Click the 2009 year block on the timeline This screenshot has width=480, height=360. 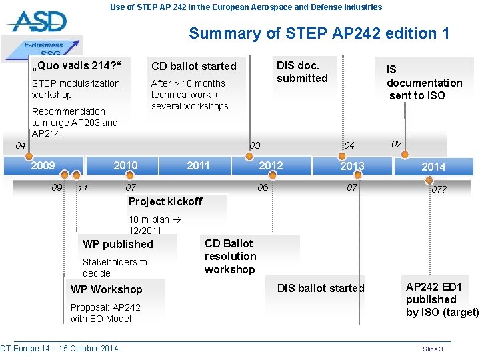44,165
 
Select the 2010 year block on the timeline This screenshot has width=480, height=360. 125,165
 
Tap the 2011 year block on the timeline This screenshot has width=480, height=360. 198,165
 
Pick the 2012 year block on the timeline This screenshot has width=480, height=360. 271,165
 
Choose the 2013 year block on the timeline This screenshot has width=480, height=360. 352,166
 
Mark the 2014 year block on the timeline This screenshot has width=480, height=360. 433,166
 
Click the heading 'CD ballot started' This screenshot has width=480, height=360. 194,66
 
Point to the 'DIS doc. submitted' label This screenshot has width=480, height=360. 302,71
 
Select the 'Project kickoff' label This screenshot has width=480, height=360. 165,201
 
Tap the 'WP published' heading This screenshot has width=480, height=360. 118,244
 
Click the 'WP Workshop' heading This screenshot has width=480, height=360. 107,289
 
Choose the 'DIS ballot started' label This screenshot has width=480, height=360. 321,288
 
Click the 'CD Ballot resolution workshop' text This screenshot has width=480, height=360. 230,256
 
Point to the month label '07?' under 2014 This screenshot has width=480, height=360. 439,189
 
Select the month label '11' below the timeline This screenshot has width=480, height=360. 83,188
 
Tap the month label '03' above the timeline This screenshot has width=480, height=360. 255,145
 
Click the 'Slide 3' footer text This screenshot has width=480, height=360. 433,349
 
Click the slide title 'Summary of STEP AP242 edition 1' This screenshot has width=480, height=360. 319,33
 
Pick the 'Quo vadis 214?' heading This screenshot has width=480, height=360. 79,65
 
